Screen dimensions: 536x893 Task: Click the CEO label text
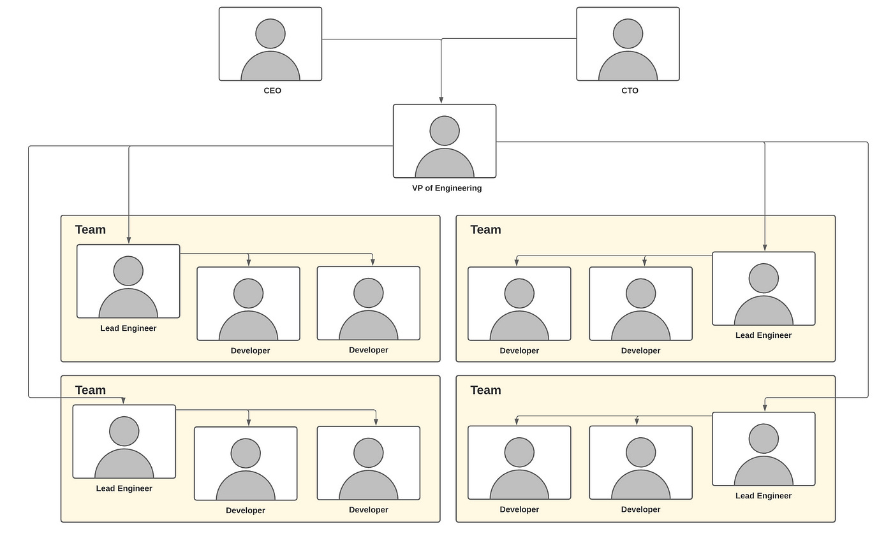(x=272, y=91)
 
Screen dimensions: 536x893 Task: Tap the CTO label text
(x=630, y=91)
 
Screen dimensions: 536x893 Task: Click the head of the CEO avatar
(x=270, y=34)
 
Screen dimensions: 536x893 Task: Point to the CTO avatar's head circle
(x=628, y=34)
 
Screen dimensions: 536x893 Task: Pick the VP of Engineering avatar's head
(x=445, y=131)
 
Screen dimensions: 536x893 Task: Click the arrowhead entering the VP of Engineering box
(x=441, y=100)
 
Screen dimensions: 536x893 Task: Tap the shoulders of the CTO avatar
(x=628, y=68)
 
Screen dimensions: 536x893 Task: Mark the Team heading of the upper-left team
(x=91, y=229)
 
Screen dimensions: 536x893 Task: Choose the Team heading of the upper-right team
(x=485, y=229)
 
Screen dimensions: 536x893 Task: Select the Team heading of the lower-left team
(x=91, y=390)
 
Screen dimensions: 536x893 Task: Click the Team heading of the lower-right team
(x=485, y=390)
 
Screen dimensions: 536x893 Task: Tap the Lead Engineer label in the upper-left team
(x=128, y=328)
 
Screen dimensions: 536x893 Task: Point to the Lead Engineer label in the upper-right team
(x=764, y=335)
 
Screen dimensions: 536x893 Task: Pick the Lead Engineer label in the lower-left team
(x=124, y=488)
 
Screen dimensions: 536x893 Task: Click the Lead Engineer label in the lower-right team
(x=764, y=496)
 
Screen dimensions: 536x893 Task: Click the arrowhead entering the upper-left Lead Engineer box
(x=129, y=240)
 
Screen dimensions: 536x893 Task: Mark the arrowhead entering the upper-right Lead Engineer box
(x=765, y=248)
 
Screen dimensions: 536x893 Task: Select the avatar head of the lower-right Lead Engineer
(x=764, y=438)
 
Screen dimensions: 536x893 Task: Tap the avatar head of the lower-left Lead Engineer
(x=124, y=431)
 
